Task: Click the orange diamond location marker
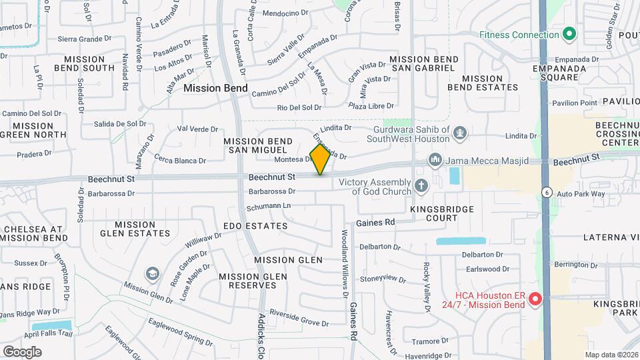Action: [321, 159]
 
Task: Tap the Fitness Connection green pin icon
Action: [569, 34]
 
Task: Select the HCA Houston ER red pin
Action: [535, 300]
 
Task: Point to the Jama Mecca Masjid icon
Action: [435, 160]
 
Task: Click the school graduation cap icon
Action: [153, 274]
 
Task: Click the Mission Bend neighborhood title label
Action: [215, 88]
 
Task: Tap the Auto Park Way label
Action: [580, 194]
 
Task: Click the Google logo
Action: [22, 351]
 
